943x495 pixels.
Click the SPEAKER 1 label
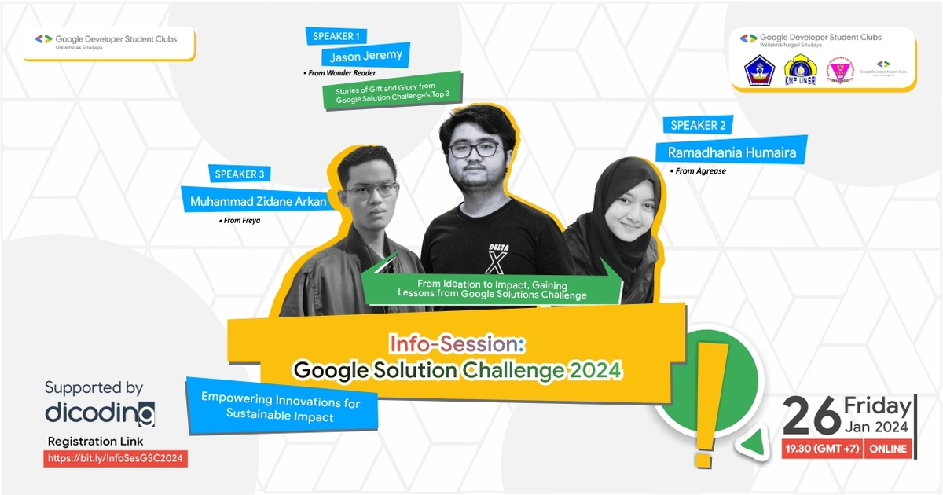click(x=336, y=36)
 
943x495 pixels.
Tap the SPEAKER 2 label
click(x=698, y=125)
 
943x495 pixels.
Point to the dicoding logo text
click(x=100, y=413)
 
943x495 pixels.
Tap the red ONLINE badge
click(x=888, y=449)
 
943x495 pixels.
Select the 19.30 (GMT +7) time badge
click(x=822, y=449)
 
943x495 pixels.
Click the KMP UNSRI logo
click(x=800, y=71)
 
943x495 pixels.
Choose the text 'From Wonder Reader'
click(x=339, y=73)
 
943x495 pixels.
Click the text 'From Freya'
click(x=241, y=221)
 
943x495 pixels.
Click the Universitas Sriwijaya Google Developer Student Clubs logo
click(x=107, y=42)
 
